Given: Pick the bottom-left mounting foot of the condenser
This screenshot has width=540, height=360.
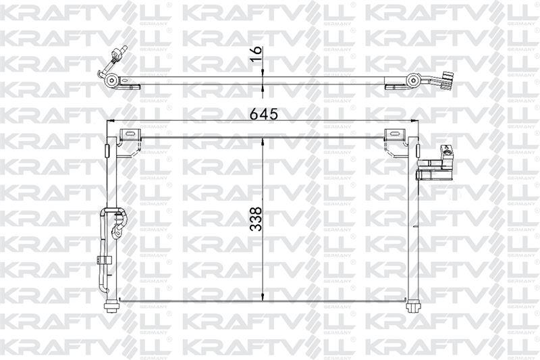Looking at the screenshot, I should [x=112, y=306].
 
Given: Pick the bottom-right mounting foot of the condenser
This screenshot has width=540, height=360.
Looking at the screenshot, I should [x=411, y=306].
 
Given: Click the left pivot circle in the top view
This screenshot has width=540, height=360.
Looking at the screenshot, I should [x=113, y=82].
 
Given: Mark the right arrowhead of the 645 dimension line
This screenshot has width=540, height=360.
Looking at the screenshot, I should [x=409, y=122].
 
